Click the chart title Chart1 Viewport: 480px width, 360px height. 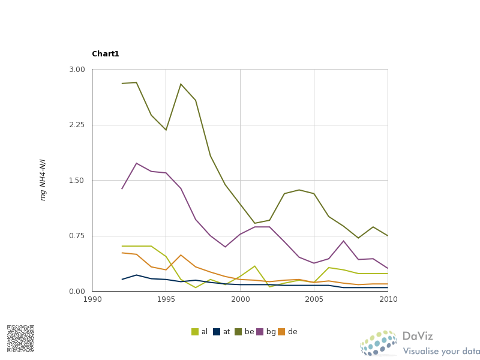click(x=106, y=54)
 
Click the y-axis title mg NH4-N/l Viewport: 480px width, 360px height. click(x=43, y=180)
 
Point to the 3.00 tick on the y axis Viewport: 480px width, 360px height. click(x=77, y=70)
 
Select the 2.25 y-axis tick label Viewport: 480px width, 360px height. click(x=77, y=125)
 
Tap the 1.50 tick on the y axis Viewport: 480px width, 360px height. click(x=77, y=181)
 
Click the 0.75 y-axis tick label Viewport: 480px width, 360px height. click(x=77, y=236)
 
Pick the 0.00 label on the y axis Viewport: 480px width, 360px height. click(x=77, y=292)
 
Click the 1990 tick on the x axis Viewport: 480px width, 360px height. click(x=92, y=299)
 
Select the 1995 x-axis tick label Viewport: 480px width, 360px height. click(x=166, y=299)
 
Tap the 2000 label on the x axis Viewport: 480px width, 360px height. click(x=240, y=299)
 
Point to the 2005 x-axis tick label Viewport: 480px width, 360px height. click(x=314, y=299)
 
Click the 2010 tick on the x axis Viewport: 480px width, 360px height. click(x=388, y=299)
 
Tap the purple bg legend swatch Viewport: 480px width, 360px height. click(x=260, y=332)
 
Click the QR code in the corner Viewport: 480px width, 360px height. click(x=20, y=338)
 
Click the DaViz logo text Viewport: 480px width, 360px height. click(x=418, y=337)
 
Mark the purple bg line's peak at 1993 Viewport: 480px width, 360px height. click(x=137, y=163)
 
